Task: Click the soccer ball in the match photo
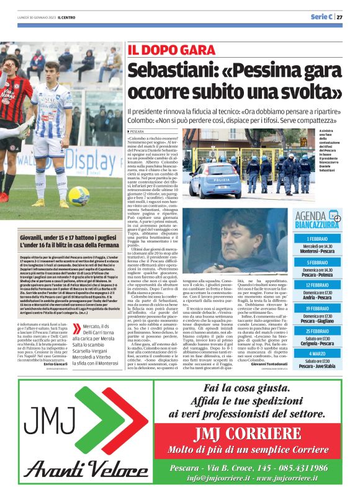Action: pos(79,195)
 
